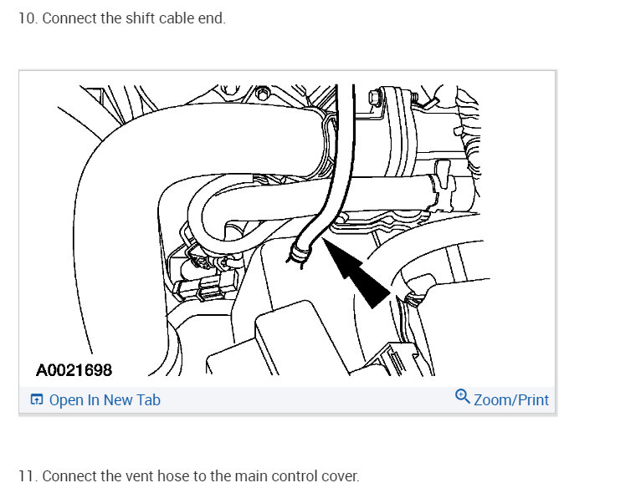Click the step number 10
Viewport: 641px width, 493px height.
coord(28,18)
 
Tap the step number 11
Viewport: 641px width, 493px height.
coord(28,476)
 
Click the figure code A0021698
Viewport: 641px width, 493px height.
coord(74,370)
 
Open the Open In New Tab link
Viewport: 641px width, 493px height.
coord(105,400)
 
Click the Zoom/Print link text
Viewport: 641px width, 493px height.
coord(511,400)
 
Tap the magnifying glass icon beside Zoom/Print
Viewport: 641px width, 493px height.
coord(463,396)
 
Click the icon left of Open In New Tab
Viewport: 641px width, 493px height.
coord(36,399)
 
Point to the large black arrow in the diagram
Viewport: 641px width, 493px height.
coord(356,272)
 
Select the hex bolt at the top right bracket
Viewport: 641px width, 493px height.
coord(375,97)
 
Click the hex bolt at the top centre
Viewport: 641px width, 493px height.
coord(263,93)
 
